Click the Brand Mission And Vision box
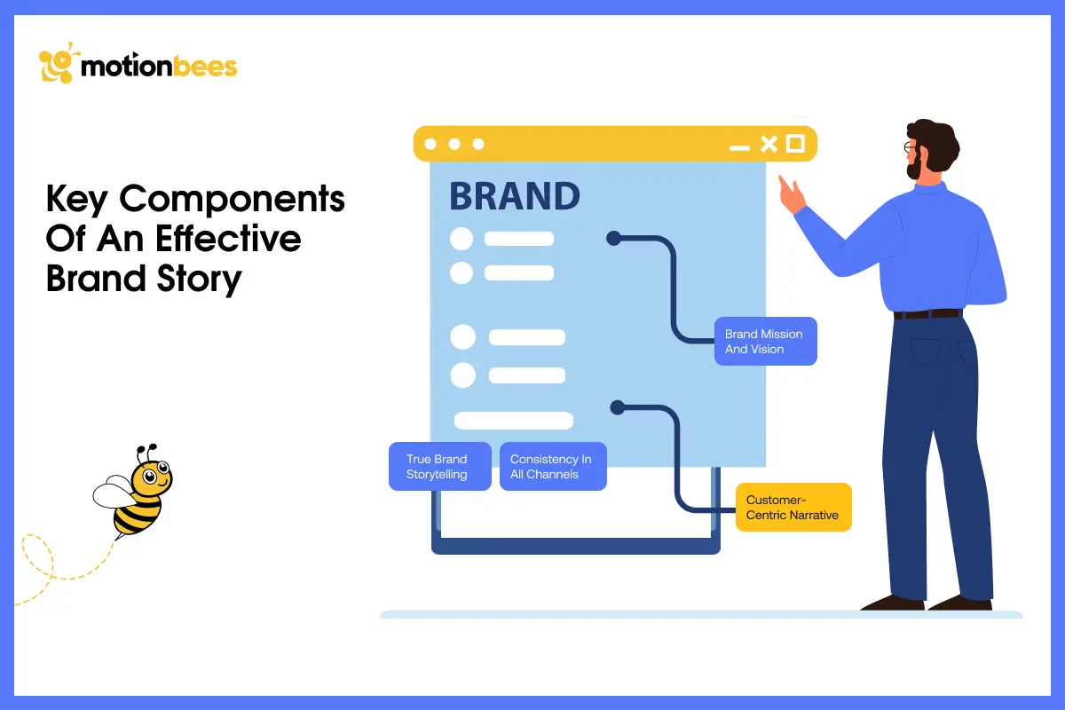click(x=765, y=342)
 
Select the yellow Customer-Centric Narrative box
click(x=793, y=508)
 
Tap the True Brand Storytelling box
click(x=439, y=467)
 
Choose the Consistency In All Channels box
click(x=552, y=467)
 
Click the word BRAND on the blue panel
click(x=515, y=197)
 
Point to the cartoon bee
click(x=138, y=493)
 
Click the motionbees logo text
click(x=159, y=67)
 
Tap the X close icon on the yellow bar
click(x=769, y=144)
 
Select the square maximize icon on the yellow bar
click(x=795, y=143)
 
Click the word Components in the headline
click(x=233, y=200)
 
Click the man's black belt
click(x=927, y=314)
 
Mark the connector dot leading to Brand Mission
click(x=612, y=238)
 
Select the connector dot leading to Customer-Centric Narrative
click(x=618, y=407)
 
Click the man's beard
click(x=915, y=168)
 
